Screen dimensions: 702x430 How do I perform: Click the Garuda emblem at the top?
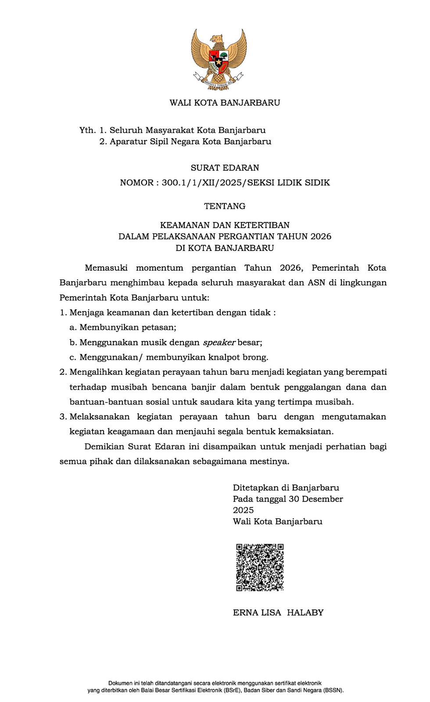click(x=219, y=59)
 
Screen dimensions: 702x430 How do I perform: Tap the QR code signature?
click(x=260, y=567)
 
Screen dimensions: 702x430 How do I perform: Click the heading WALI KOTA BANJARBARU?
click(x=225, y=103)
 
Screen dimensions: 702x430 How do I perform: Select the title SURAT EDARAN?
click(x=225, y=168)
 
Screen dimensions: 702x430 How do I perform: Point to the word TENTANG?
click(x=225, y=206)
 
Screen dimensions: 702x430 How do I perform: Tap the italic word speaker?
click(x=219, y=342)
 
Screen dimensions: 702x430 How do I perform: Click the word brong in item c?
click(x=255, y=357)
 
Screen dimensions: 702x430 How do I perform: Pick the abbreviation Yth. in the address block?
click(x=87, y=130)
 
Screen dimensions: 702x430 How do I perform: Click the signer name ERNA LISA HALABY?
click(x=278, y=612)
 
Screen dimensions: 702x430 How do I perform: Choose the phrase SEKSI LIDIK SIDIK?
click(x=289, y=183)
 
